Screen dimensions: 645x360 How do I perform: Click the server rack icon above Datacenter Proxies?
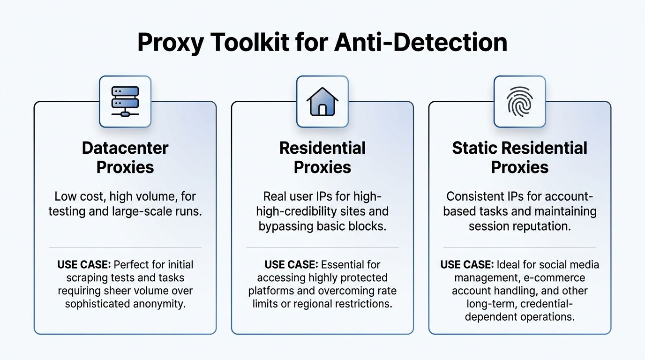coord(125,101)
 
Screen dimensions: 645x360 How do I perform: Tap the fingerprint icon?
coord(519,101)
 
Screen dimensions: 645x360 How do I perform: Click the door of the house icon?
coord(322,109)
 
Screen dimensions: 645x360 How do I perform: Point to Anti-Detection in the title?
coord(420,42)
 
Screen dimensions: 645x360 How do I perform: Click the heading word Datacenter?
coord(125,148)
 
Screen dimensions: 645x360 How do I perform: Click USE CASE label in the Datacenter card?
coord(84,264)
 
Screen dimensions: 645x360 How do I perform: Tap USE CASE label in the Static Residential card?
coord(467,264)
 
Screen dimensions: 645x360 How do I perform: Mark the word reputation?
coord(543,226)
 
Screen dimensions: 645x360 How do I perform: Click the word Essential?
coord(341,264)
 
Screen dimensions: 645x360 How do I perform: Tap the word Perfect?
coord(132,264)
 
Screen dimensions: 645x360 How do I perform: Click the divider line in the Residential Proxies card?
coord(322,247)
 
